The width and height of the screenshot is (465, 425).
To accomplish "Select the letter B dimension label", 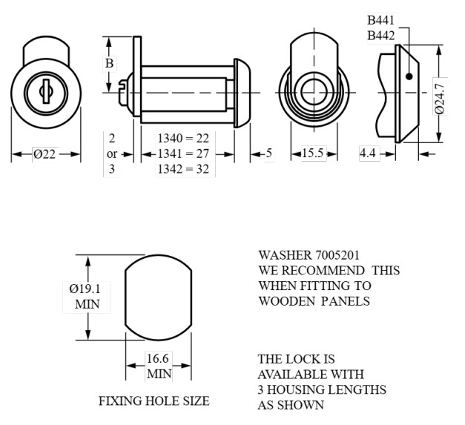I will coord(109,64).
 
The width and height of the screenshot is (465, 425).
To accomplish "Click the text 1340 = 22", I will coord(183,138).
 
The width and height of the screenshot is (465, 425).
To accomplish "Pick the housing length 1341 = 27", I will coord(183,154).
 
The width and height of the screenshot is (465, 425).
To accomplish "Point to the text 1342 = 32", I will coord(183,169).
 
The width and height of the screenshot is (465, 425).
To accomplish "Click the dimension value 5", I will coord(268,154).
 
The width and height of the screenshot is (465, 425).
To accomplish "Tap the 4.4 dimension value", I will coord(368,154).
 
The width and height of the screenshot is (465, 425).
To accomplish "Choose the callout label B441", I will coord(380,20).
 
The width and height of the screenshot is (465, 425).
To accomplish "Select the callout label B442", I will coord(380,35).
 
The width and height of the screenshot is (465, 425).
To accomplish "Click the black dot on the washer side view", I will coord(409,75).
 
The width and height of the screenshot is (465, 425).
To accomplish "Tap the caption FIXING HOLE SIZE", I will coord(154,401).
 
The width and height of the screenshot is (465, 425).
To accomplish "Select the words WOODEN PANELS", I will coord(313,301).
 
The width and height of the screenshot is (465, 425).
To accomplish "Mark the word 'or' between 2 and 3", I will coord(112,154).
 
